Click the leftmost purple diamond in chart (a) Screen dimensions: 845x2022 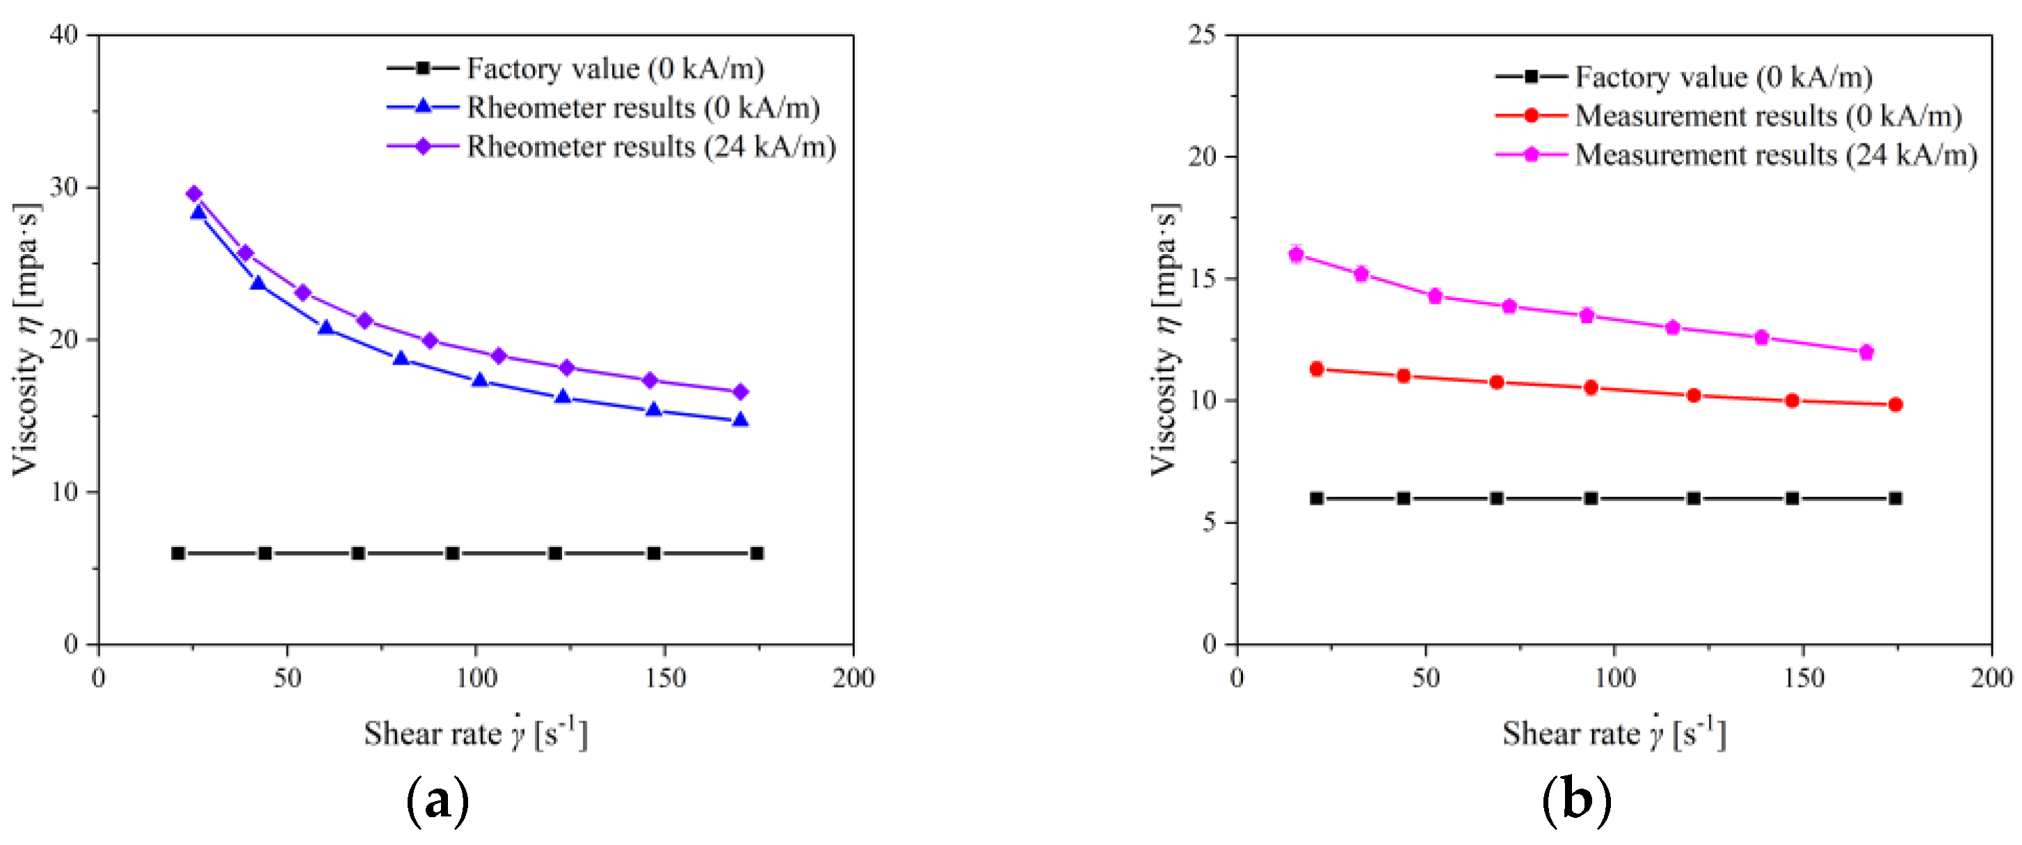point(195,194)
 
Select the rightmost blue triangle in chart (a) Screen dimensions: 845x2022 point(740,420)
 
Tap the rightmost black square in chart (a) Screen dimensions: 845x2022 point(757,553)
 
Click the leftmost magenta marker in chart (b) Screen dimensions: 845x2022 point(1296,255)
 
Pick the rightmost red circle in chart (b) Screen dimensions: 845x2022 point(1895,404)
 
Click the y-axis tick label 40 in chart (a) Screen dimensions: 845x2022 point(65,35)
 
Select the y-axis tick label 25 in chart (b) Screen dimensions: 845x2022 point(1203,35)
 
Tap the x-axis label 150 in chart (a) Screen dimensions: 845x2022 point(666,679)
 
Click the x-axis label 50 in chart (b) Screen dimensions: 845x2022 point(1426,679)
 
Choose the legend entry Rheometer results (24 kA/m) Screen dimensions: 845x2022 point(651,147)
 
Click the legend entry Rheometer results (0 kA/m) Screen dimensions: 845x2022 point(643,108)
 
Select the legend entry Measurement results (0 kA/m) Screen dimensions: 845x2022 point(1767,116)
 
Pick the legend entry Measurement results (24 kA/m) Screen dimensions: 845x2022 point(1776,155)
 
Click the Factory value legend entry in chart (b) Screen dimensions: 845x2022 point(1724,77)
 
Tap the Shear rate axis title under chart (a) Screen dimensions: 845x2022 point(476,734)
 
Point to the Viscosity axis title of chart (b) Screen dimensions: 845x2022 point(1166,339)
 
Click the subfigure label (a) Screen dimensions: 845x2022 point(438,801)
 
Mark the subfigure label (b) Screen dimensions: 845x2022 point(1576,801)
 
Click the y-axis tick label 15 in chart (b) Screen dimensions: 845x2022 point(1203,279)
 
